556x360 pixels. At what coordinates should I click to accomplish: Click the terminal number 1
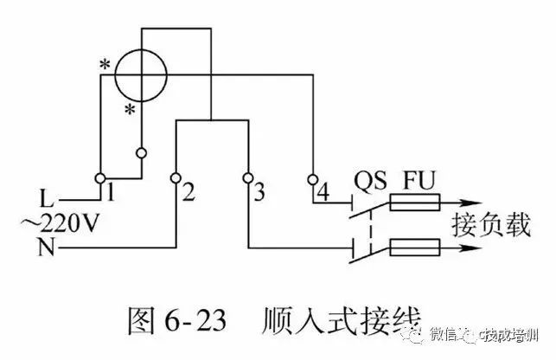(111, 184)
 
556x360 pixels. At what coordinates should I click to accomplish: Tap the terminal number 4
(323, 187)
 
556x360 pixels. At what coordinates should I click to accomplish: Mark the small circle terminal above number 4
(312, 181)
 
